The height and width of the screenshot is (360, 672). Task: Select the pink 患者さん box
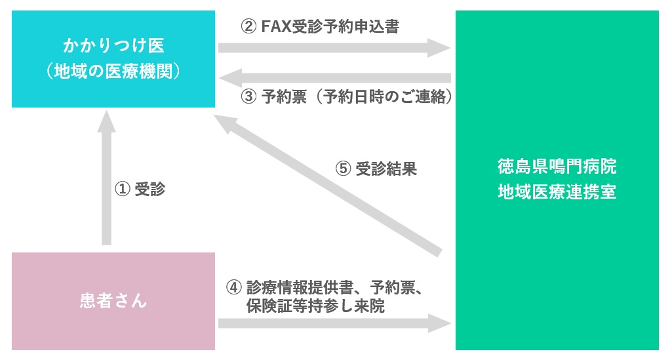click(x=113, y=301)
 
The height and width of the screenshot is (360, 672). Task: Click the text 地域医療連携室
click(x=557, y=193)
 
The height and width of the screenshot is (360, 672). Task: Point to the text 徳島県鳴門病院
click(x=557, y=167)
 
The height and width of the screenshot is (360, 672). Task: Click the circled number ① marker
click(x=123, y=189)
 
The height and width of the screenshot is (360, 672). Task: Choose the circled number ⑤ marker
click(x=344, y=169)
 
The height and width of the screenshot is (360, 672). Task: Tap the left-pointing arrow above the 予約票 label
click(x=334, y=78)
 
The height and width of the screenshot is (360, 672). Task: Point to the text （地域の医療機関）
click(x=113, y=70)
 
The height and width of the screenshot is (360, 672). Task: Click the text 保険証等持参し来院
click(x=315, y=306)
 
